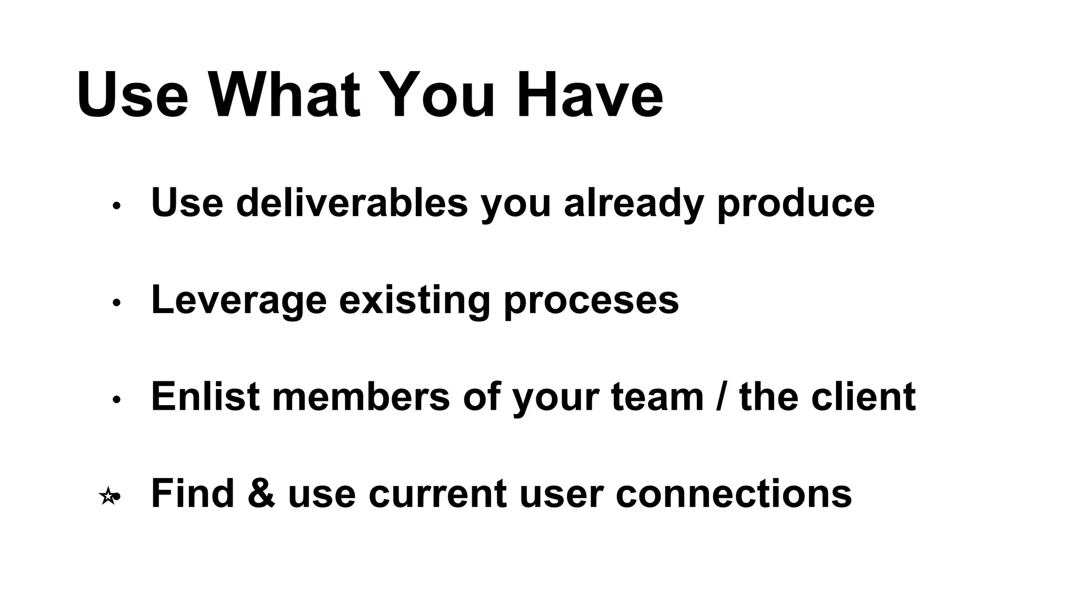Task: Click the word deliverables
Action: pyautogui.click(x=352, y=203)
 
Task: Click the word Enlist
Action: pyautogui.click(x=205, y=397)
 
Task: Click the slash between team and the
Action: pyautogui.click(x=722, y=397)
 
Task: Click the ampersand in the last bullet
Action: pyautogui.click(x=261, y=493)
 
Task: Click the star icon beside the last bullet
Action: pyautogui.click(x=107, y=496)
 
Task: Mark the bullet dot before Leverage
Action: pyautogui.click(x=117, y=303)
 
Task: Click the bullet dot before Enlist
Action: pyautogui.click(x=117, y=400)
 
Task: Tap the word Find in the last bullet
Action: pyautogui.click(x=192, y=493)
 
